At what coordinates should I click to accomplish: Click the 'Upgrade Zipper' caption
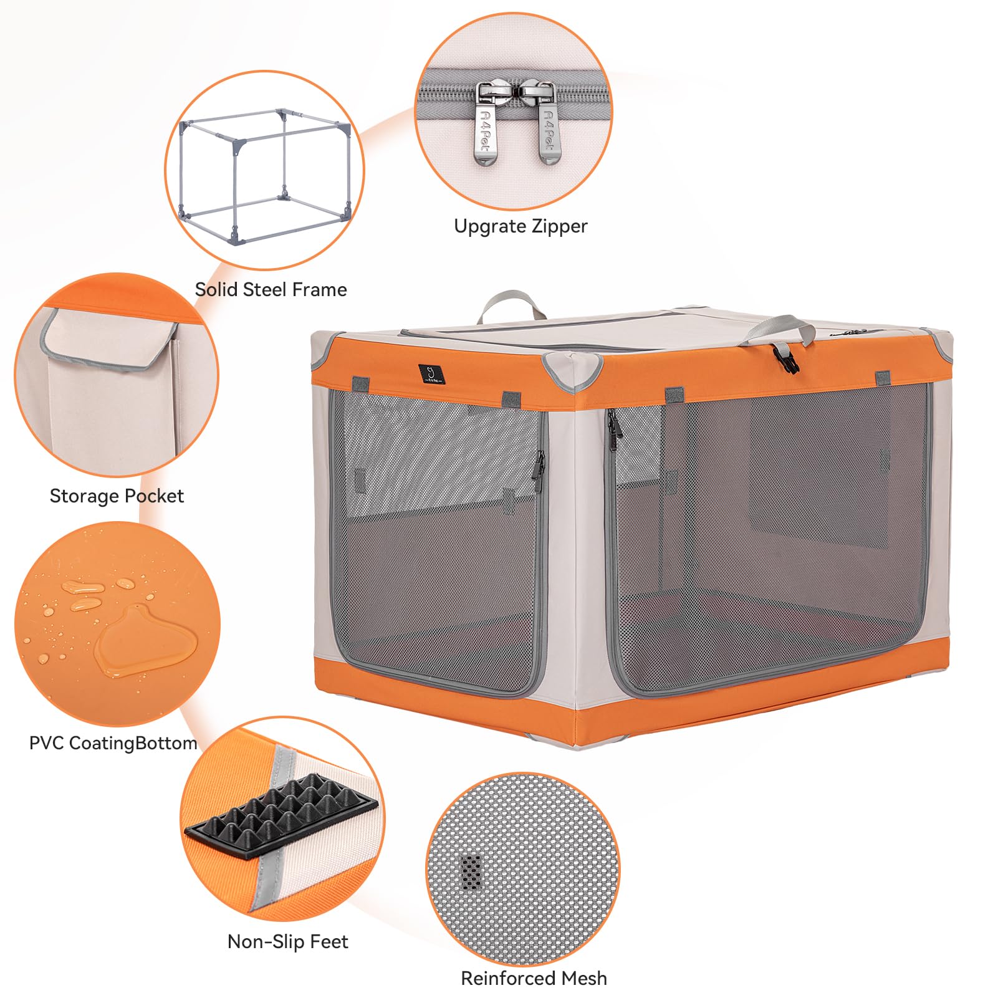[x=521, y=226]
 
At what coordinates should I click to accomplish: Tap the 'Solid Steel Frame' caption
[x=271, y=289]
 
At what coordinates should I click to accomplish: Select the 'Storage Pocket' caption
[x=117, y=496]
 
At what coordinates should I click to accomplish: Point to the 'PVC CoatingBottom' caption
[x=113, y=743]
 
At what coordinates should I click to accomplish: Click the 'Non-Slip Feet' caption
[x=287, y=941]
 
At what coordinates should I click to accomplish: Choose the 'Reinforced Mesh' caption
[x=534, y=978]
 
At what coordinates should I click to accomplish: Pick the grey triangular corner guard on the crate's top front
[x=571, y=371]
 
